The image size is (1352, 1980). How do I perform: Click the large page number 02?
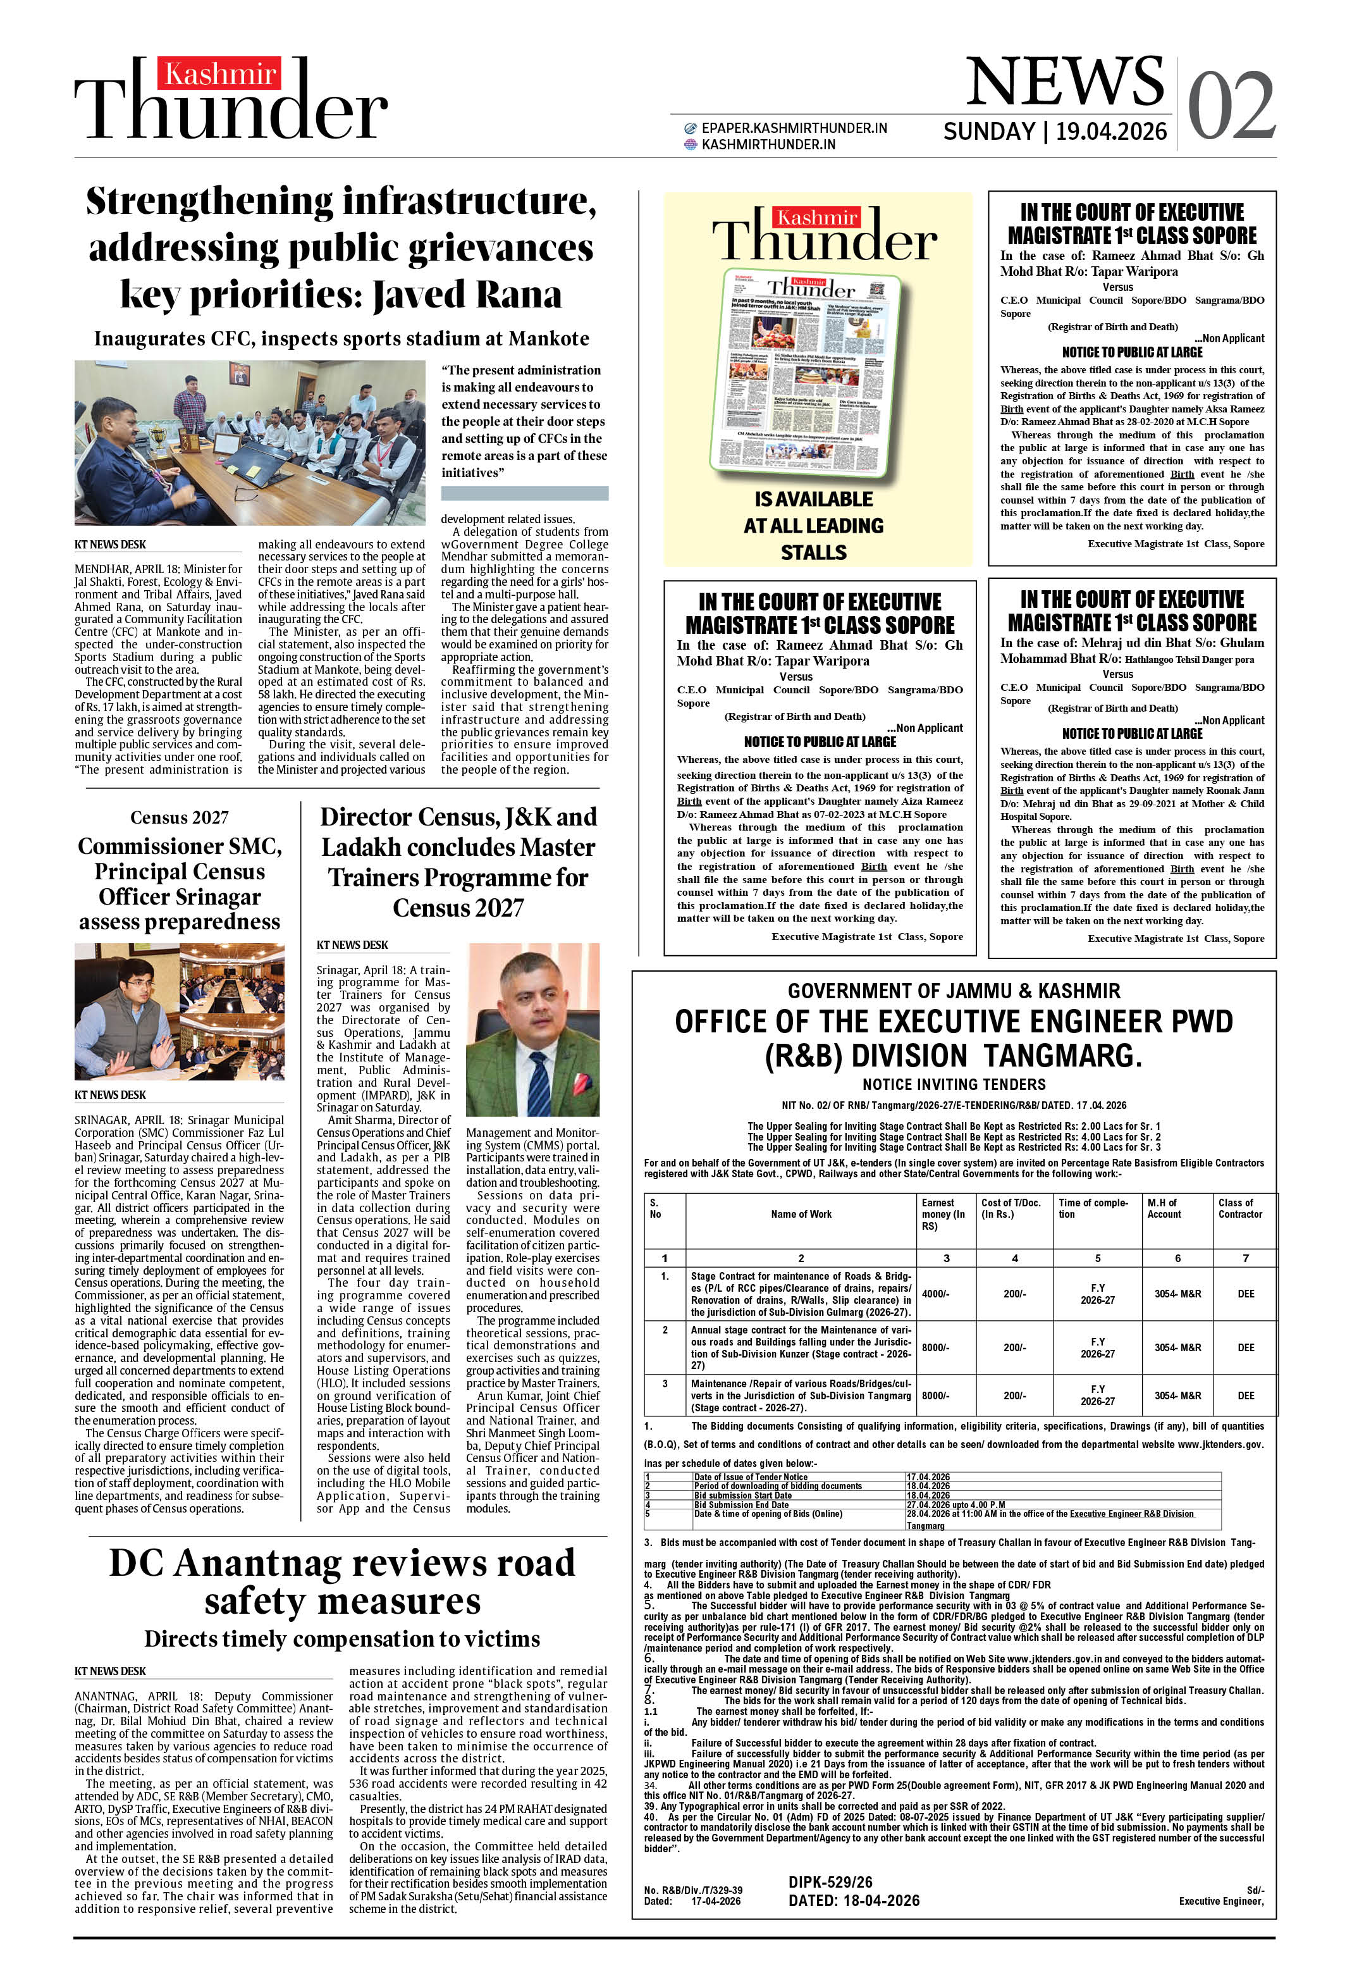pos(1231,106)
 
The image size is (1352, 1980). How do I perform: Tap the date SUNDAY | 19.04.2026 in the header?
pos(1055,131)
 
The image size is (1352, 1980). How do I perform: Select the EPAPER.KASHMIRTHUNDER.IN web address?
pos(794,128)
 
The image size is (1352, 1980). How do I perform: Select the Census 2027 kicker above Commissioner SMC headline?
pos(179,817)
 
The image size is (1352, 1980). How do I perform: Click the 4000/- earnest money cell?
pos(935,1293)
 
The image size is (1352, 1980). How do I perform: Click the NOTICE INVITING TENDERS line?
pos(954,1084)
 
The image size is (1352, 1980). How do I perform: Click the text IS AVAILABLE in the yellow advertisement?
pos(814,499)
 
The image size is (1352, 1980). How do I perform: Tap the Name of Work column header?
pos(801,1214)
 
